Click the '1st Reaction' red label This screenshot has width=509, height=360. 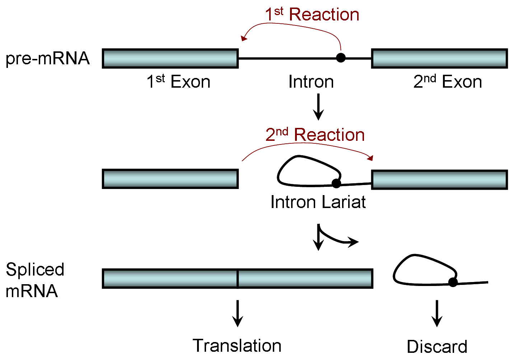[x=312, y=15]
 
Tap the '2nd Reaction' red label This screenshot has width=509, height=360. [x=315, y=135]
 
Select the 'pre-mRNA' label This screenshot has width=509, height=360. [x=47, y=59]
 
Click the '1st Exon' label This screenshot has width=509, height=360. [x=178, y=82]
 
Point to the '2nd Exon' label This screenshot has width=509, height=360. [x=447, y=82]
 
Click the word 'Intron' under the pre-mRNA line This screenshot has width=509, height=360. [x=311, y=82]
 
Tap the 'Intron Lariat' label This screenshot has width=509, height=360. [x=318, y=202]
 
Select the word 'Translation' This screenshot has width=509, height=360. [x=237, y=346]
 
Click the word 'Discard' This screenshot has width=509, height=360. [x=437, y=347]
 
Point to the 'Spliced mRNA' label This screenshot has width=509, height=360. [x=35, y=280]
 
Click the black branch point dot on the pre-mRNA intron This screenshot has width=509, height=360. [x=341, y=57]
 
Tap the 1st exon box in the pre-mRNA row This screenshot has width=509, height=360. [x=170, y=58]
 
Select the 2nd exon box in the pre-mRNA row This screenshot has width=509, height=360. [x=439, y=58]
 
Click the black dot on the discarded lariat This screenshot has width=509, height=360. [x=453, y=282]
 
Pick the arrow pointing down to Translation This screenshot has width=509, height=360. [x=237, y=313]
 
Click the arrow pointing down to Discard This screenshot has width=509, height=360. [x=437, y=313]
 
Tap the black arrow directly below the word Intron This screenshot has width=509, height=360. [x=318, y=107]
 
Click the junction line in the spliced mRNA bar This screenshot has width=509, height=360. [x=238, y=278]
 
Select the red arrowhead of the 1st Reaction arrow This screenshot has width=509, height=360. [x=244, y=38]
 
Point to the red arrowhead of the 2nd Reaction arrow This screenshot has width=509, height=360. [x=371, y=158]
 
